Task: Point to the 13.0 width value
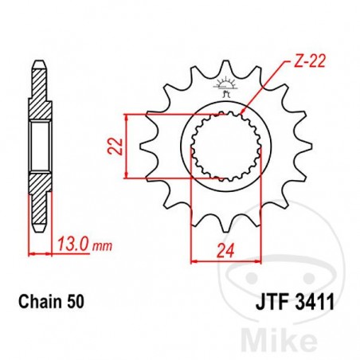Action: click(x=72, y=245)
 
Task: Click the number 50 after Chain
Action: click(x=73, y=303)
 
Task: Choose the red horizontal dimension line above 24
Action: click(x=226, y=259)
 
